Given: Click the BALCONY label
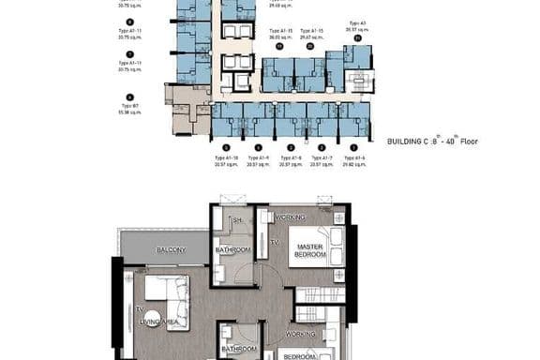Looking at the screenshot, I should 171,249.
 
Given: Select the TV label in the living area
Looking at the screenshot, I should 139,308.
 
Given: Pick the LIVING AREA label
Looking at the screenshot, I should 159,322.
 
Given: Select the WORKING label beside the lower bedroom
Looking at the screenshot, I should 301,334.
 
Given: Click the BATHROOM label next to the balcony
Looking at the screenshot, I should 232,249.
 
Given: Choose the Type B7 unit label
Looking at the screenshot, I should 130,106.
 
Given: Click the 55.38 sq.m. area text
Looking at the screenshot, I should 130,112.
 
